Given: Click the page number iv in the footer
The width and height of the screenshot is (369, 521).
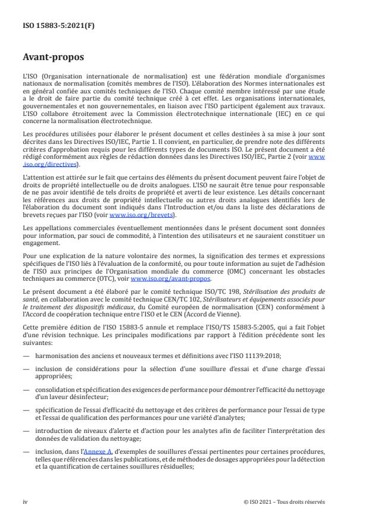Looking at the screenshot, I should click(x=26, y=501).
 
